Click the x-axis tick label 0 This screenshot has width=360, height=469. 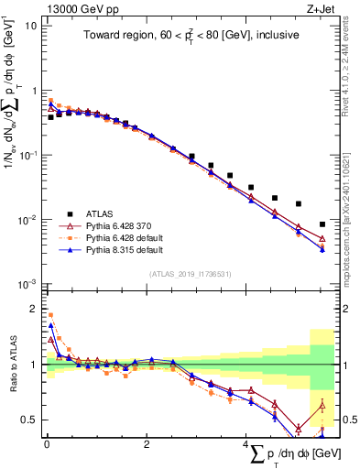pos(46,443)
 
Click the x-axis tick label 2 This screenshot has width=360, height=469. pos(146,443)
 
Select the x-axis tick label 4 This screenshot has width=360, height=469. pos(245,443)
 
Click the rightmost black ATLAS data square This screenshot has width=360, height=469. pos(321,224)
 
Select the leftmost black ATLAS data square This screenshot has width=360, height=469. pos(50,117)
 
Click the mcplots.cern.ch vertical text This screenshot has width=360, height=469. pos(352,229)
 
